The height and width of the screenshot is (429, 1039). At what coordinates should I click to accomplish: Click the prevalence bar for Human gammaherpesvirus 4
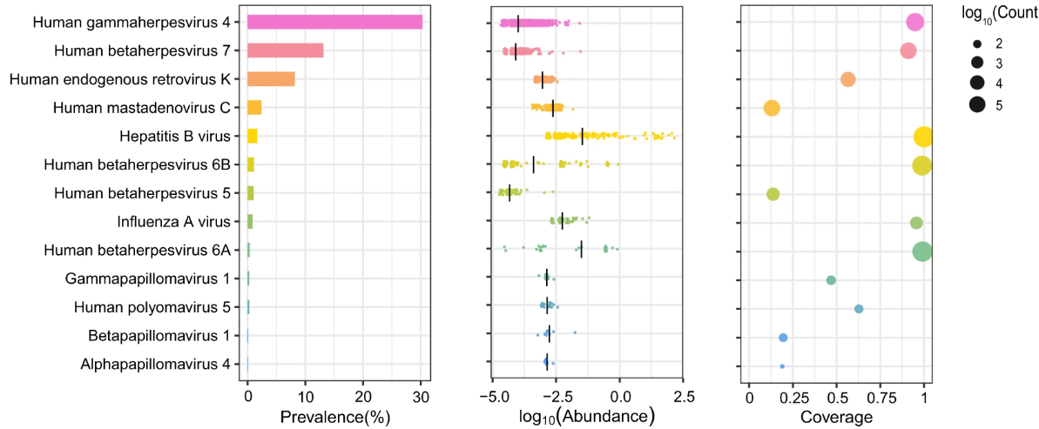coord(334,23)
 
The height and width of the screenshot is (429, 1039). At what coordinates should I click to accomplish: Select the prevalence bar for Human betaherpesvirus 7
coord(285,50)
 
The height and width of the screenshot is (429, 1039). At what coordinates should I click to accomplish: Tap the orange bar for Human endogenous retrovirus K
coord(271,79)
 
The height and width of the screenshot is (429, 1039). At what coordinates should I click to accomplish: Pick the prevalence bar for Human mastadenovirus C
coord(254,108)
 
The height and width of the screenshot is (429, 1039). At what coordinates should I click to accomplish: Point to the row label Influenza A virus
coord(173,222)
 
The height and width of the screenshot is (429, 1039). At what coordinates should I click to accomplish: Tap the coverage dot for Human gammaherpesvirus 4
coord(914,23)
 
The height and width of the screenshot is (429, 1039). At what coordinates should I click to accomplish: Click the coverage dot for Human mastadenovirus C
coord(771,108)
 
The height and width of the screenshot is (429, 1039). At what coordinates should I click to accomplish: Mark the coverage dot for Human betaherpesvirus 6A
coord(922,251)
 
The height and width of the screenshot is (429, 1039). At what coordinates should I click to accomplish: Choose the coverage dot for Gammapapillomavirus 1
coord(831,280)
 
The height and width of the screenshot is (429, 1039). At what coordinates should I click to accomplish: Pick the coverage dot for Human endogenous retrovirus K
coord(847,79)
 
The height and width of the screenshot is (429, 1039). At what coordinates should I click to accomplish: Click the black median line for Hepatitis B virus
coord(582,136)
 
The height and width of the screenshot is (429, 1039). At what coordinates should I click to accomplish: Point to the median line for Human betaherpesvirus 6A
coord(581,251)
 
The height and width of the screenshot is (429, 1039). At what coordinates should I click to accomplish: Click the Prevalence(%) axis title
coord(334,417)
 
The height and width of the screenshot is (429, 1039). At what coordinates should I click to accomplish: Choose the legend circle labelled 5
coord(977,104)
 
